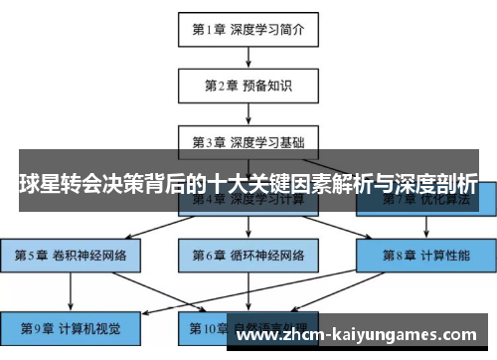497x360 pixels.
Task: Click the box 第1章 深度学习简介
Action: [248, 30]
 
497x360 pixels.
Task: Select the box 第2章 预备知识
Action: [248, 86]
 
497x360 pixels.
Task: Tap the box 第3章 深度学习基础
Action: [248, 141]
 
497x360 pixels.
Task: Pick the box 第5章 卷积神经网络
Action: [70, 255]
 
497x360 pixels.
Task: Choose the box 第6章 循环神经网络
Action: [248, 255]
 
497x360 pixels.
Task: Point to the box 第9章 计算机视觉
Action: [70, 326]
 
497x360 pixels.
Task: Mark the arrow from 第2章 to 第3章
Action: [248, 113]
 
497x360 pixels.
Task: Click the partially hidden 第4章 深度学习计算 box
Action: [248, 202]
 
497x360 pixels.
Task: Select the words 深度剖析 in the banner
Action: [438, 185]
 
